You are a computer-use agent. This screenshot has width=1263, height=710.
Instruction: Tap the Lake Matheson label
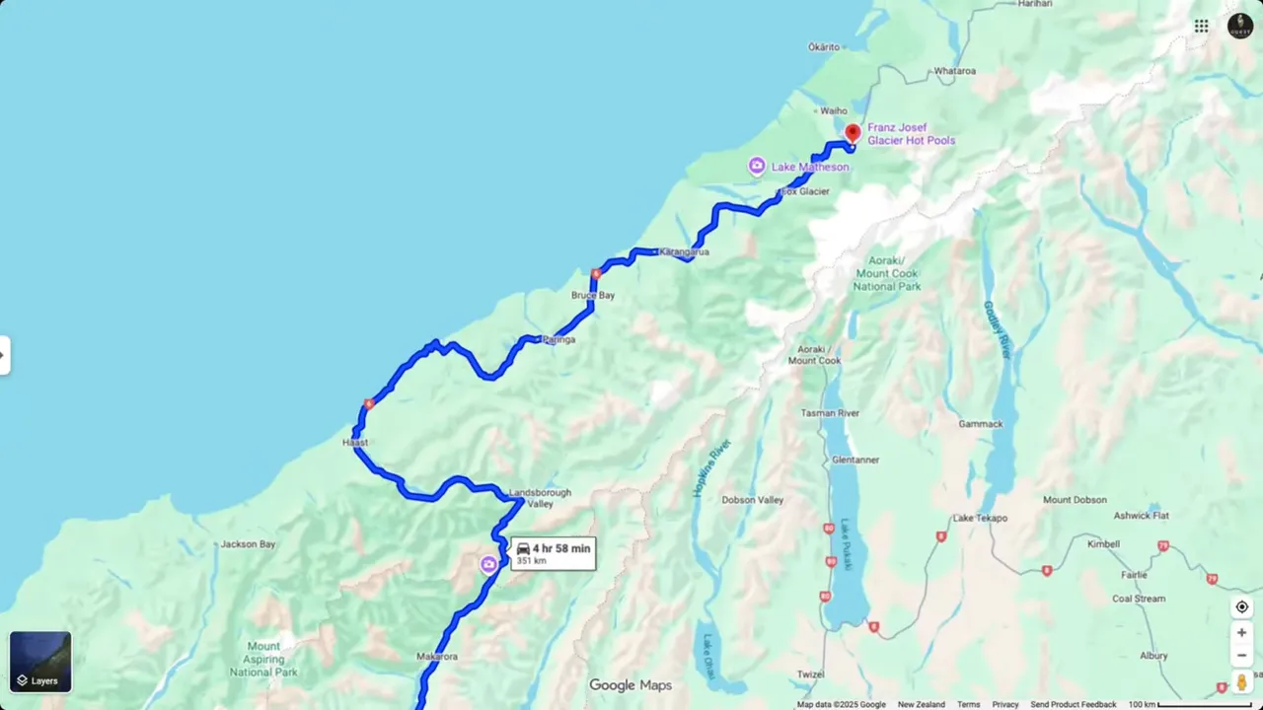point(809,167)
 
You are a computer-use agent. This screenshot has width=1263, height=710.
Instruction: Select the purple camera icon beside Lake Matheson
point(757,166)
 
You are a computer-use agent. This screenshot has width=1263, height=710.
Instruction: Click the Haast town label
point(354,443)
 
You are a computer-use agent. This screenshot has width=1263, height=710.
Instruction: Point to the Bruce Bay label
point(593,295)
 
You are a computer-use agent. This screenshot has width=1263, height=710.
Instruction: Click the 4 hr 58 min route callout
point(553,553)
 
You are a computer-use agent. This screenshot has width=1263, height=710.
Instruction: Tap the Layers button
point(40,662)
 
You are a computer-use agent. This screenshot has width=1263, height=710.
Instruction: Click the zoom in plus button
point(1241,632)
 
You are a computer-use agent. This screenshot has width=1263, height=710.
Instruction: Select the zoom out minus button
point(1241,656)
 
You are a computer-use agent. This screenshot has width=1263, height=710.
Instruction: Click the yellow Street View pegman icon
point(1241,681)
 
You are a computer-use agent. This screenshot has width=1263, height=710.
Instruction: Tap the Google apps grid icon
point(1201,26)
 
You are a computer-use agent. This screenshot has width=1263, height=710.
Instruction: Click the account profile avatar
point(1240,26)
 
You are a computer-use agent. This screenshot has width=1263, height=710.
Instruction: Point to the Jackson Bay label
point(248,544)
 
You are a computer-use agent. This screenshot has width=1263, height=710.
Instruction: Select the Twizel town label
point(811,674)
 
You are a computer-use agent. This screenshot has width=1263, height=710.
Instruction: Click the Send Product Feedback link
point(1073,704)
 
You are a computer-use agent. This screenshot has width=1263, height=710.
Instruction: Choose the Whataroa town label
point(954,71)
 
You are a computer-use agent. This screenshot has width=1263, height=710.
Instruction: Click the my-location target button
point(1241,606)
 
